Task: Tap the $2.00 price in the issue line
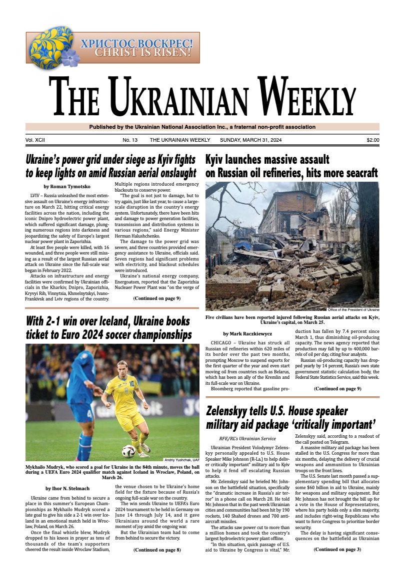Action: tap(372, 140)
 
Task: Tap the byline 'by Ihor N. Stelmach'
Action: tap(67, 488)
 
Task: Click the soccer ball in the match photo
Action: tap(128, 451)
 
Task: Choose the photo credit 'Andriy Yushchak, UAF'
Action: tap(181, 460)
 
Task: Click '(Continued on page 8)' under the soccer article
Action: tap(156, 550)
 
